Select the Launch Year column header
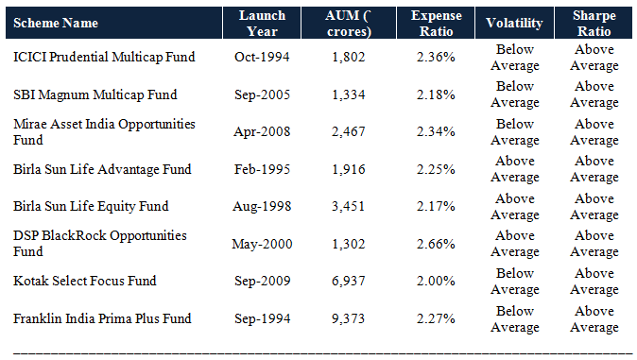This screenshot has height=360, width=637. (x=261, y=22)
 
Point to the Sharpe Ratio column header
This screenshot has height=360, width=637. (x=594, y=22)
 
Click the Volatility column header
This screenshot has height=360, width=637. (x=514, y=22)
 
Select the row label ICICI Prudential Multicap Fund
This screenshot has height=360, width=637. (x=104, y=57)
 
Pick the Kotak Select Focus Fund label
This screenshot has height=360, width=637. (x=84, y=281)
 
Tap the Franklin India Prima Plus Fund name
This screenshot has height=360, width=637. (x=102, y=318)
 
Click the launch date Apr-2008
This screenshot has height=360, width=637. (x=261, y=132)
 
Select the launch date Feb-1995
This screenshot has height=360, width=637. (x=261, y=169)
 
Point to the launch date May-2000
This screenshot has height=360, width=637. (x=261, y=244)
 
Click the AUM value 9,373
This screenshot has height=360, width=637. (x=348, y=318)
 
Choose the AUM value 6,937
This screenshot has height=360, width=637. (x=348, y=281)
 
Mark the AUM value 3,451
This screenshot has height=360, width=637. (x=348, y=206)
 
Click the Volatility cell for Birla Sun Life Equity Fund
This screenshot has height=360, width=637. (x=514, y=206)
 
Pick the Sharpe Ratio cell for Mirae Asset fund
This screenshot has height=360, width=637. (x=594, y=132)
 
